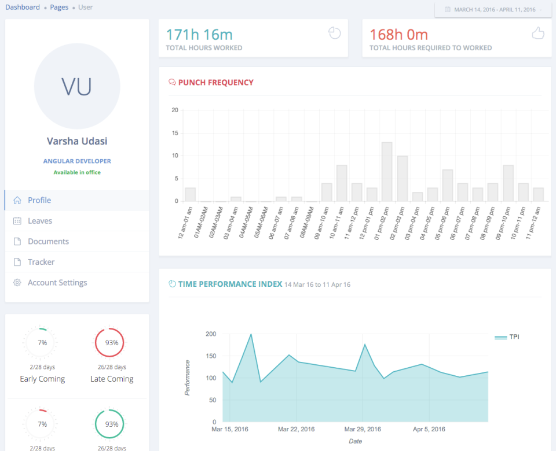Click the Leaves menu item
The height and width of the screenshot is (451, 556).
(39, 221)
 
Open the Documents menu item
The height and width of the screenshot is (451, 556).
(48, 242)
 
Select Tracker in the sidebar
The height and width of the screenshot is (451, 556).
(41, 262)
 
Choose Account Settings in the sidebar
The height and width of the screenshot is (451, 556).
(57, 283)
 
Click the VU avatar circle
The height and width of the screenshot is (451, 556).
(77, 86)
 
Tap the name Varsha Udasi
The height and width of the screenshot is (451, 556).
(77, 141)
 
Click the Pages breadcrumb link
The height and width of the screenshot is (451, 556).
(59, 8)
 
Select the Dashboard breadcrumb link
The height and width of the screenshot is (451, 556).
(23, 8)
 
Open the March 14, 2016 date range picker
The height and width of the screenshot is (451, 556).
(493, 10)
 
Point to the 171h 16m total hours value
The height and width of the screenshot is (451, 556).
(199, 35)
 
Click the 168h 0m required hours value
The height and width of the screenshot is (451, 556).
(398, 35)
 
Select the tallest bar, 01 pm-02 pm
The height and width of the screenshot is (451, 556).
(387, 172)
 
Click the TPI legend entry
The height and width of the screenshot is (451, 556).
(507, 337)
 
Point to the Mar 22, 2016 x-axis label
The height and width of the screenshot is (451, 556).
(296, 430)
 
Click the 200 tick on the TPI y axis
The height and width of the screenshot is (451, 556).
(210, 334)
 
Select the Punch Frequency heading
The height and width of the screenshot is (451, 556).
(215, 83)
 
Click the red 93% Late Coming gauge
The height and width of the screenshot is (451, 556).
(112, 343)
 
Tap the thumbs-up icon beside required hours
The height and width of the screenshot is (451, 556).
(538, 34)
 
